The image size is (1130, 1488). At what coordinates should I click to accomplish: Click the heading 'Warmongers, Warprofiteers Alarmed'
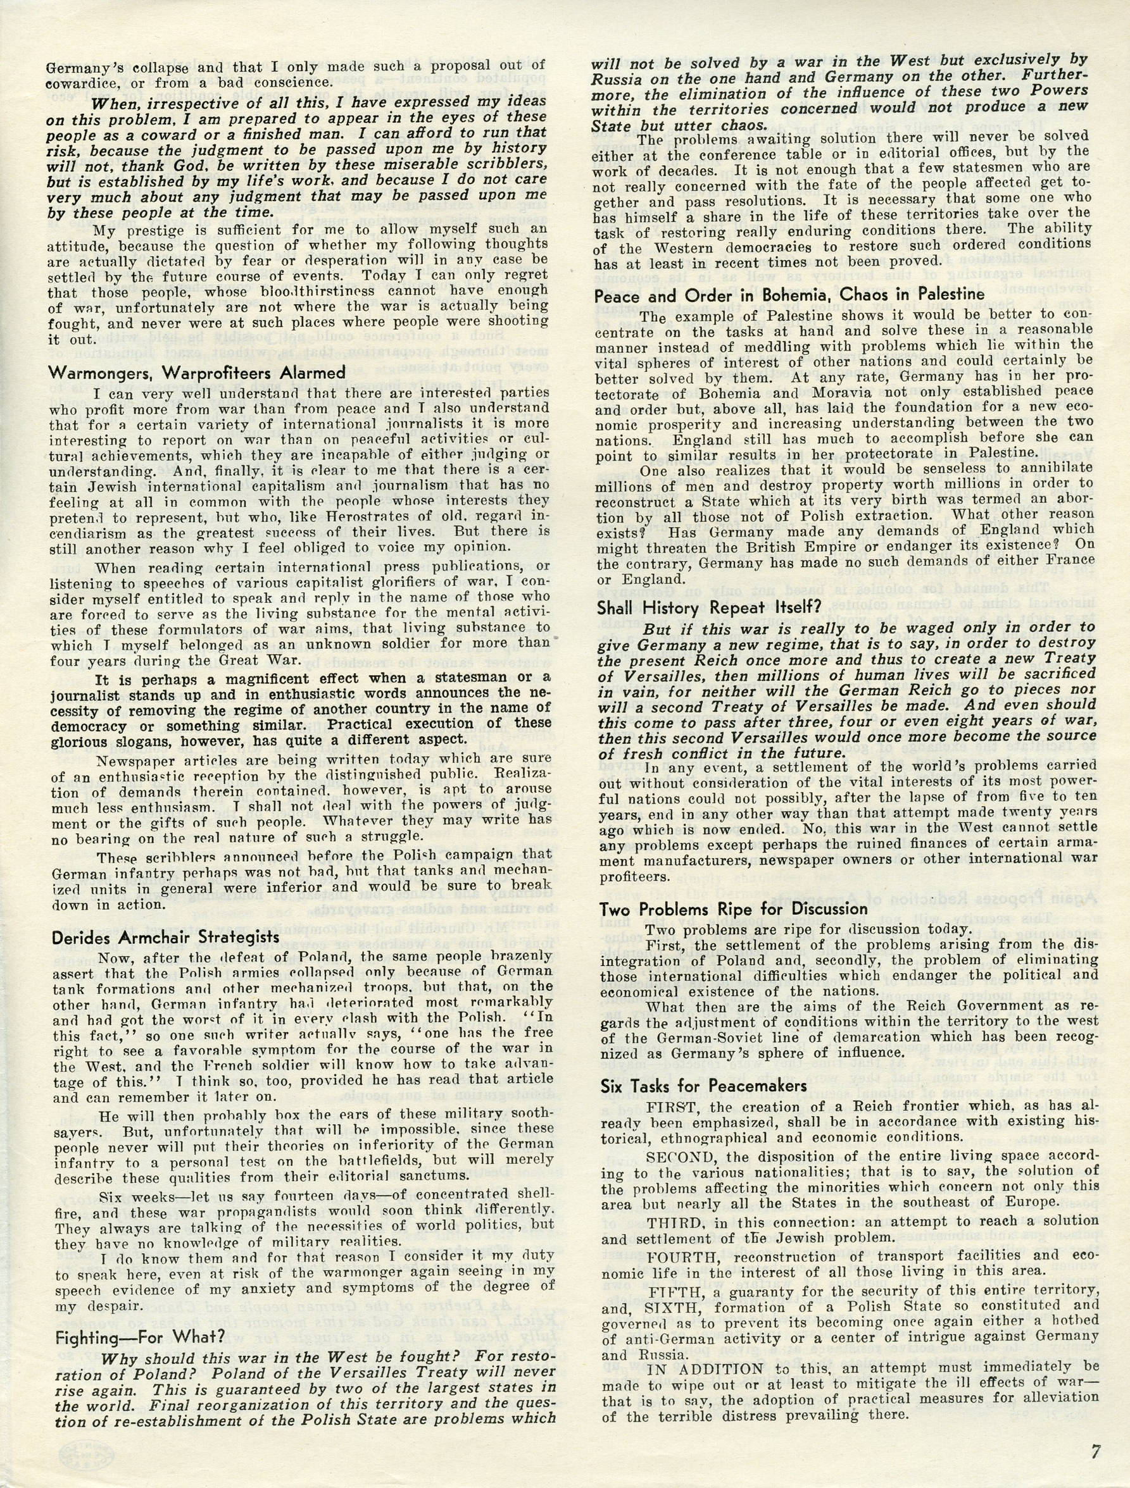[196, 373]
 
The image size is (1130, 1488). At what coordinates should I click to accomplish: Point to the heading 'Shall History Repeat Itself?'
[708, 606]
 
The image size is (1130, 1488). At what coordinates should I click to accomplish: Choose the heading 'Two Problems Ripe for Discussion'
[733, 910]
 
